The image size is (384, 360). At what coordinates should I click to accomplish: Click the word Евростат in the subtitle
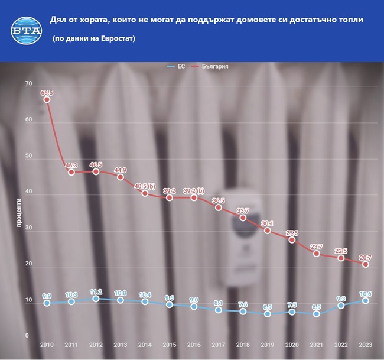coord(115,38)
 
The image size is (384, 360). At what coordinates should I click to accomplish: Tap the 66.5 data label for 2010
coord(47,92)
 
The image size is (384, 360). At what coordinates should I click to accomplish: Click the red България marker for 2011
coord(71,172)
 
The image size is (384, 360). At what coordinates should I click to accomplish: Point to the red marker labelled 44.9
coord(120,177)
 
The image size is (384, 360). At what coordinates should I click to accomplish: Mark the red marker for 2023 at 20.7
coord(366,264)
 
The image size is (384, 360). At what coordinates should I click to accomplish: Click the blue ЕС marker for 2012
coord(96,299)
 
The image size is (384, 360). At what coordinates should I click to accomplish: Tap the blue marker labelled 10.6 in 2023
coord(366,300)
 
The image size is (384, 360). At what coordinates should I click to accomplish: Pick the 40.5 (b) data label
coord(144,186)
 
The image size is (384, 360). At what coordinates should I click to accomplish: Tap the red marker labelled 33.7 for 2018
coord(243,218)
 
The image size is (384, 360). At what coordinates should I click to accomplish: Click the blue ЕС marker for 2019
coord(267,314)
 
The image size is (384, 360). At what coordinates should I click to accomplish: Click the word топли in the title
coord(349,20)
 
